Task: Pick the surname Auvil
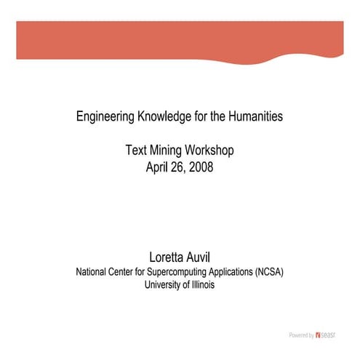(199, 257)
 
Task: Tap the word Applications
(228, 272)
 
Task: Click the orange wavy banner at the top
(180, 40)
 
